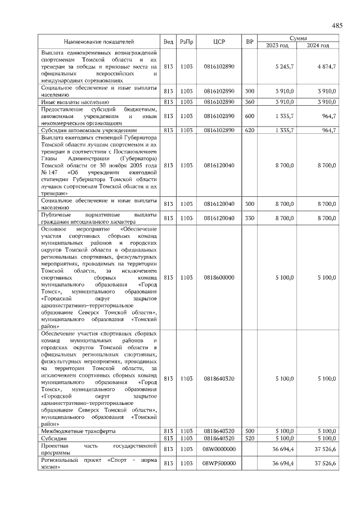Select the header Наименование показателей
[99, 42]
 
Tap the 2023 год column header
[277, 45]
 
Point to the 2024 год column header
[318, 45]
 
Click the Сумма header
[298, 38]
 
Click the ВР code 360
[250, 102]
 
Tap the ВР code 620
[250, 130]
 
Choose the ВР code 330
[250, 218]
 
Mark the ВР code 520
[250, 438]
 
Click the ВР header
[250, 42]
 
